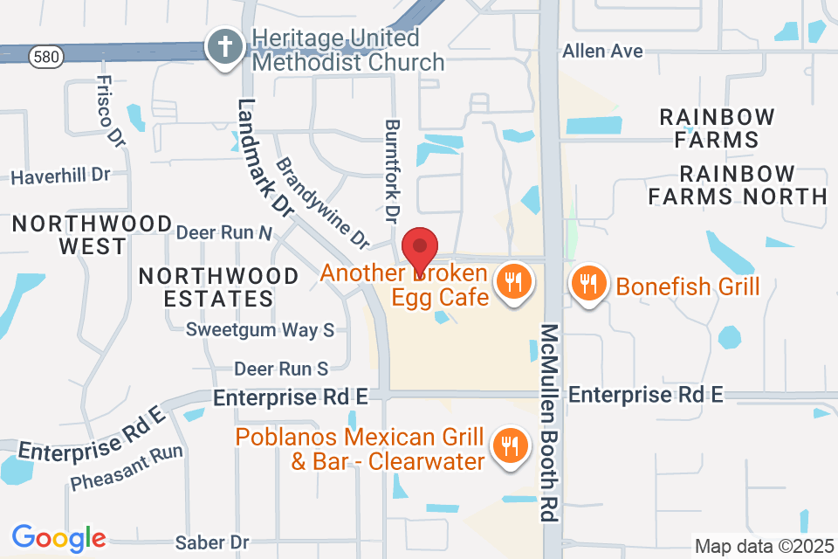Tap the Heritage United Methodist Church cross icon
[225, 46]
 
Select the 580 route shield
[45, 57]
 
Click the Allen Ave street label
[602, 52]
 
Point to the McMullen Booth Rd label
[549, 423]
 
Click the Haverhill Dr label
[60, 176]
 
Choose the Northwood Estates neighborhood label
[219, 287]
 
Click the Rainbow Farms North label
[738, 184]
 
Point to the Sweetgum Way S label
[260, 330]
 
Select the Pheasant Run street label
[127, 467]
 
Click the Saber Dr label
[213, 542]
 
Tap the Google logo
[58, 537]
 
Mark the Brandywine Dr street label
[323, 201]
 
